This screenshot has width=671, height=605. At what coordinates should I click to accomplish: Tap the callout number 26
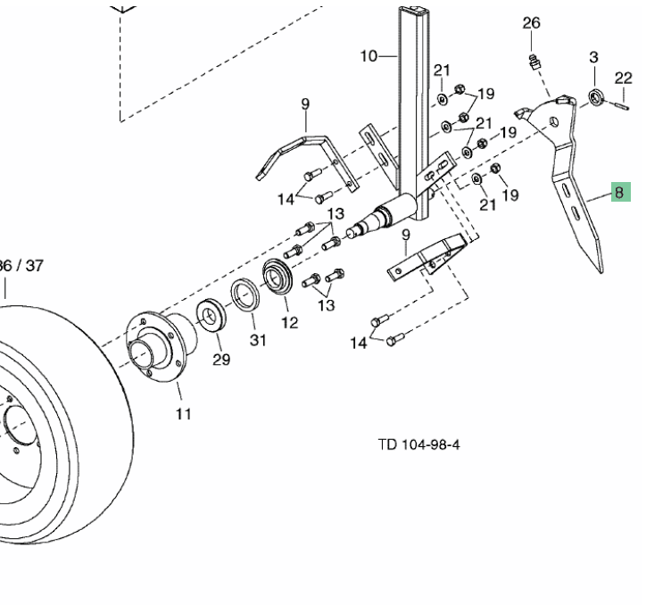coord(531,22)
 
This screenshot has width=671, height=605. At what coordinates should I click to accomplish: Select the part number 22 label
coord(624,78)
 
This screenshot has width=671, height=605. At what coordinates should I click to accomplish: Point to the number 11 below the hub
coord(184,413)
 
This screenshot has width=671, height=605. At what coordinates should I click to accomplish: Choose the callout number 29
coord(221,360)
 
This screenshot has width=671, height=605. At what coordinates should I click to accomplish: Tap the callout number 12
coord(289,322)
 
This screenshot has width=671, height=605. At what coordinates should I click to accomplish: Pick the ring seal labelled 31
coord(245,295)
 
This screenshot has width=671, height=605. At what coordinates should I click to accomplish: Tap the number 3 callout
coord(593,58)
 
